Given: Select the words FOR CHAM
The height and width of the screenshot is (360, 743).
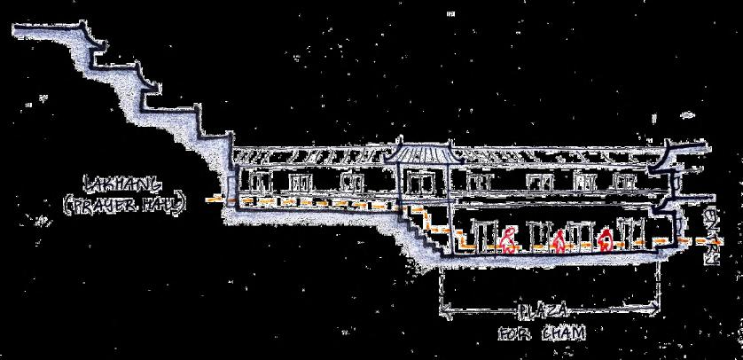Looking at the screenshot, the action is [543, 334].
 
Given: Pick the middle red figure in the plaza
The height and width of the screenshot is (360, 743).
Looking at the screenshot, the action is [559, 241].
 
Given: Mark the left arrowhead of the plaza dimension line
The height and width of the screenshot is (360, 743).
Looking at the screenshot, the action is [444, 310].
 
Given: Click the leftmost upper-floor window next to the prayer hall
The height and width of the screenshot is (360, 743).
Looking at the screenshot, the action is [258, 183].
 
